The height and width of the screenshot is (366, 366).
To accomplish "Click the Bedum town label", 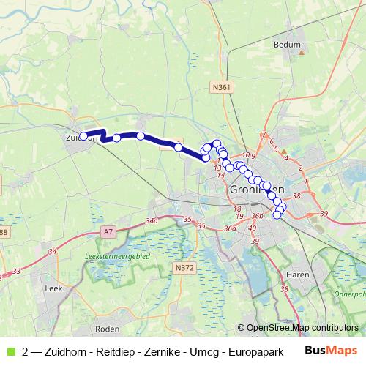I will pyautogui.click(x=287, y=45).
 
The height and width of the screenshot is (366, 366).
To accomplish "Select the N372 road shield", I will pyautogui.click(x=185, y=269).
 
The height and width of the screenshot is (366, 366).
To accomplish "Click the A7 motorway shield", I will pyautogui.click(x=109, y=232).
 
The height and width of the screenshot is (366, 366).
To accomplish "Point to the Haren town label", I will pyautogui.click(x=296, y=274).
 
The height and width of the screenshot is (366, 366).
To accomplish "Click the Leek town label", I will pyautogui.click(x=54, y=290).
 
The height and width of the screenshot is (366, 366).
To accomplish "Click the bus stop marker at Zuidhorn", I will pyautogui.click(x=83, y=135).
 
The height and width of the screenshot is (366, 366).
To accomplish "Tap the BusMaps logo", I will pyautogui.click(x=332, y=350).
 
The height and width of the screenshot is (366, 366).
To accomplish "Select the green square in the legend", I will pyautogui.click(x=10, y=351).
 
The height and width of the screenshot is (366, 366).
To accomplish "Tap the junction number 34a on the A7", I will pyautogui.click(x=152, y=220).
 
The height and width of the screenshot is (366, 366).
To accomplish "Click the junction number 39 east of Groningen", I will pyautogui.click(x=324, y=213).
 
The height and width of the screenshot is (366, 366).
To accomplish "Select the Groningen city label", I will pyautogui.click(x=252, y=189).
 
